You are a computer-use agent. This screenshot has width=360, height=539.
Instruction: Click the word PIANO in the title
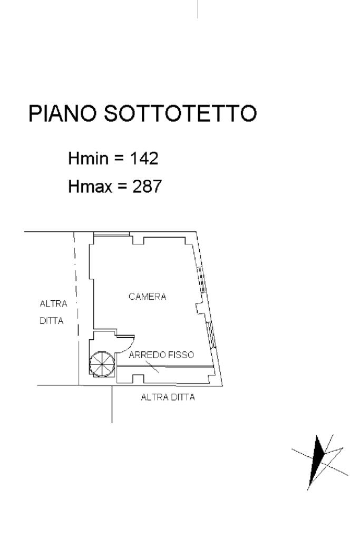63,114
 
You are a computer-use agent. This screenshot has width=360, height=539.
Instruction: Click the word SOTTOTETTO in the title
180,114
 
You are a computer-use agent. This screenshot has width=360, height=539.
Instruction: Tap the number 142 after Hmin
144,158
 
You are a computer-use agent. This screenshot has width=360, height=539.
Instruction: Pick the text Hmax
91,186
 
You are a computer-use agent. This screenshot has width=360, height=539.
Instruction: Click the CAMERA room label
148,297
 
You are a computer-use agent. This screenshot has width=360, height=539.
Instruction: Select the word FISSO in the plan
181,355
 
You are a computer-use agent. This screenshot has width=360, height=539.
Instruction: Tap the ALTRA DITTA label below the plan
168,397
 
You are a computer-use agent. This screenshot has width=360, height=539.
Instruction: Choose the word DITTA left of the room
52,320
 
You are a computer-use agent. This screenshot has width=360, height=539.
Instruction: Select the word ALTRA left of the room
54,304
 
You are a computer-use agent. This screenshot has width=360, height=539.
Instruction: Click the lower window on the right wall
210,333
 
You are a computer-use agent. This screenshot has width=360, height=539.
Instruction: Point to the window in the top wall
111,233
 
